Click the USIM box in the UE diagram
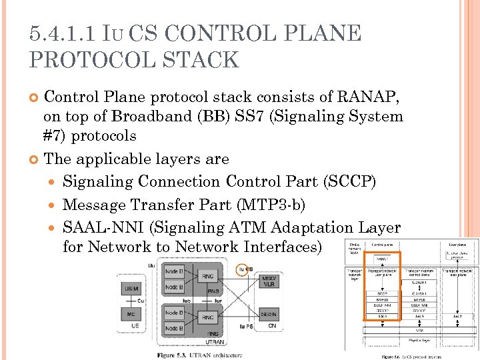click(131, 288)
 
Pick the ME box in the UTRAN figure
click(131, 313)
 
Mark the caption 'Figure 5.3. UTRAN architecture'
click(199, 355)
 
